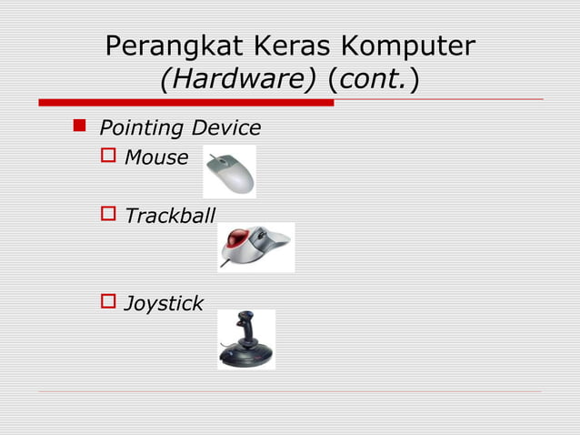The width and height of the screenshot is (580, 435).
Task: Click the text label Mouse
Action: (156, 158)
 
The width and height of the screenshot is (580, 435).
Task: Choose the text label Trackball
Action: (170, 217)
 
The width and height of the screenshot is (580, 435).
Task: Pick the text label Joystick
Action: (164, 303)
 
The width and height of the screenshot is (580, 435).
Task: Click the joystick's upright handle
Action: (245, 327)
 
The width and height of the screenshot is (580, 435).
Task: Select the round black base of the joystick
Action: (245, 357)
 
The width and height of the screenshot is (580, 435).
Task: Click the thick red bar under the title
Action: (185, 102)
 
